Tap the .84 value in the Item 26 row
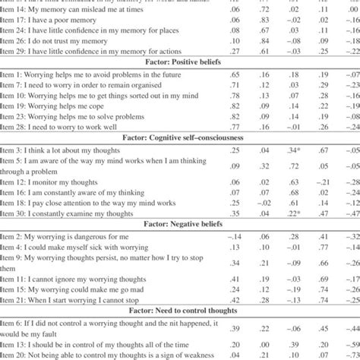coord(244,39)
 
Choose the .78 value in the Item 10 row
coord(215,96)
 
